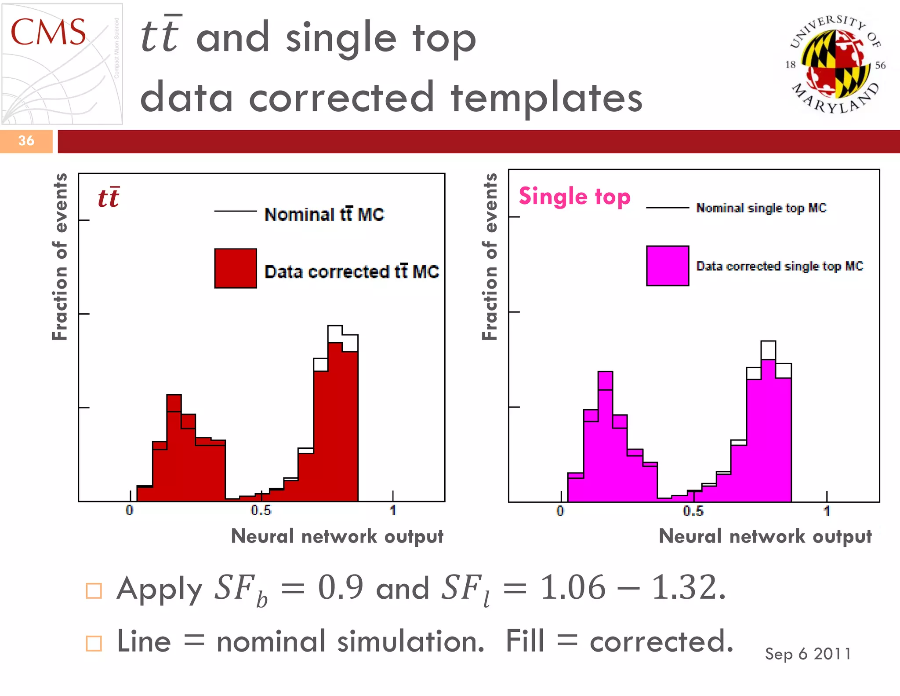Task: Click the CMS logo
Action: [x=62, y=64]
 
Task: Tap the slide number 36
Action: [x=26, y=141]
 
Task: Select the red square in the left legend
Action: [x=236, y=268]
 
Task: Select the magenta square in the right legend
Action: [x=667, y=266]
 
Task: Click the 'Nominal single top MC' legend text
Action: [x=761, y=208]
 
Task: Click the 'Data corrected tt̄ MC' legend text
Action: [x=352, y=271]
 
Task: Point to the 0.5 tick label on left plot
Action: [x=261, y=510]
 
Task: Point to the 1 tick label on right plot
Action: [x=827, y=511]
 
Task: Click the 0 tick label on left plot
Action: [x=129, y=510]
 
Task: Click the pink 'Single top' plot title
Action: [x=574, y=196]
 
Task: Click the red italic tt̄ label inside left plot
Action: [x=109, y=198]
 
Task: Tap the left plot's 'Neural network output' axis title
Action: [x=337, y=536]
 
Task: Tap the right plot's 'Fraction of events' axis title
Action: [x=490, y=257]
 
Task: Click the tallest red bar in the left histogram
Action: [x=335, y=422]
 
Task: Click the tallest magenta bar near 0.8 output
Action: [x=768, y=431]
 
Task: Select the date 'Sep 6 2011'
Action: [x=808, y=654]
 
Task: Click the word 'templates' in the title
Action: [x=547, y=98]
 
